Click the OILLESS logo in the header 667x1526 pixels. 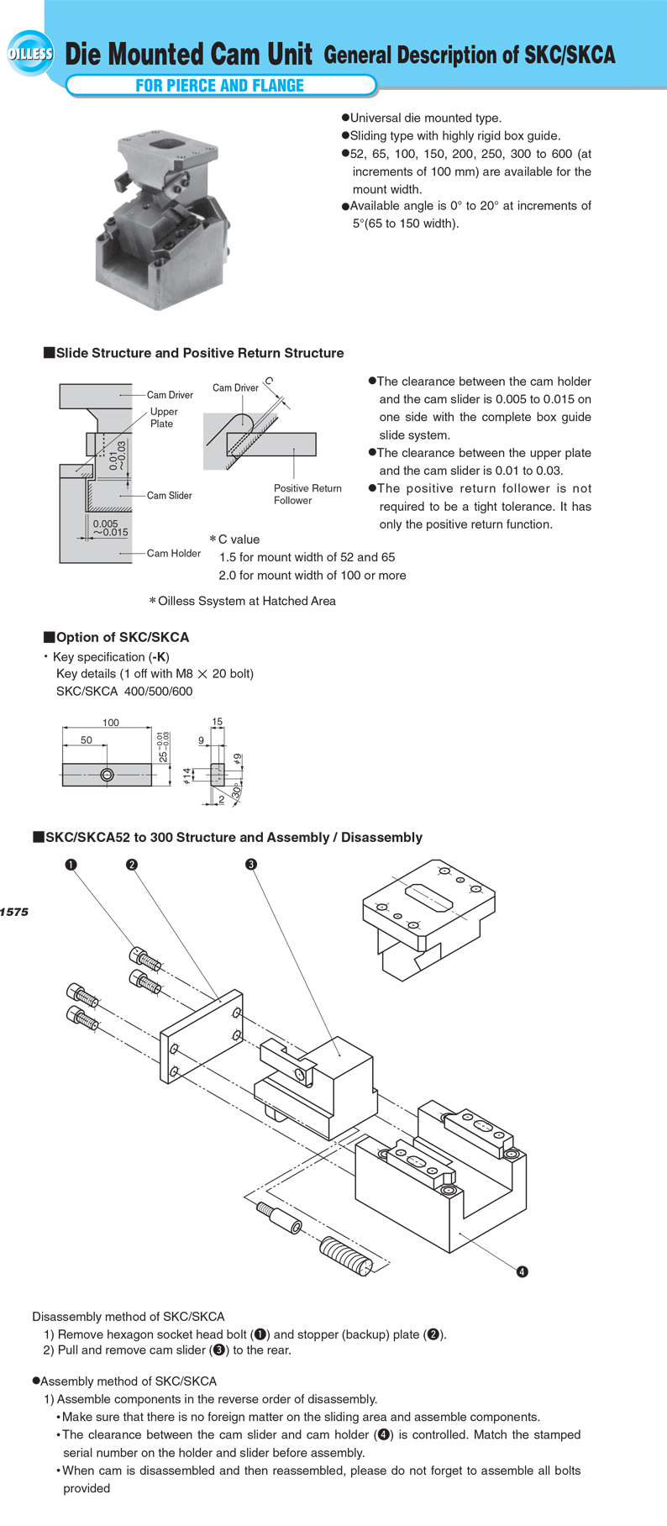[x=30, y=55]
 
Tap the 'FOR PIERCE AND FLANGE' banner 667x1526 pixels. [x=220, y=85]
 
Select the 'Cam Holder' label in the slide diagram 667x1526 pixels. [x=174, y=553]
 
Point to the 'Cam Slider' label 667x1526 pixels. [x=169, y=496]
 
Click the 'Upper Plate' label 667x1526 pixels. [x=163, y=418]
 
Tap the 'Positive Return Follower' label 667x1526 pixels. [x=307, y=494]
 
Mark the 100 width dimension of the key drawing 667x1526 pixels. [x=110, y=722]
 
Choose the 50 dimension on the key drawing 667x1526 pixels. [x=87, y=739]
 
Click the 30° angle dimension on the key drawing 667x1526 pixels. [x=237, y=792]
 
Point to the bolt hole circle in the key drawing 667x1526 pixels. [x=107, y=775]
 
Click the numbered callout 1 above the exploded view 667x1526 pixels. [x=72, y=864]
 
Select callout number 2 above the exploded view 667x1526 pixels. [x=132, y=864]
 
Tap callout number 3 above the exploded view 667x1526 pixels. [x=251, y=864]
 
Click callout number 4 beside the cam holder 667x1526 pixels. [x=522, y=1271]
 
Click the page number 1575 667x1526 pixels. [x=14, y=912]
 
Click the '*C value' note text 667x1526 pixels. [x=234, y=539]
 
